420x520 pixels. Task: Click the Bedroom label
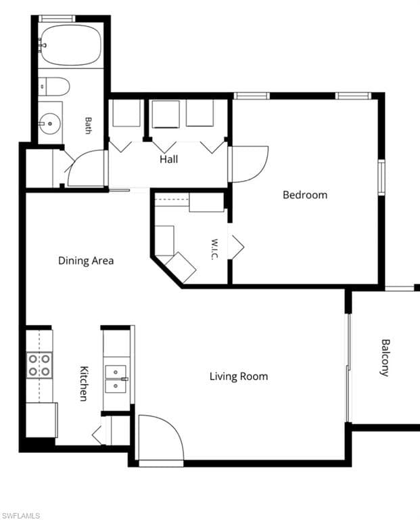click(305, 195)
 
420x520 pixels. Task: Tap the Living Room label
click(239, 376)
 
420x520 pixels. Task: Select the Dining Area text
click(86, 261)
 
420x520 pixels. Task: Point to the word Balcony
click(385, 357)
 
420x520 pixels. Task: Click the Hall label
click(169, 159)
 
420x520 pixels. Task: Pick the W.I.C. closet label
click(214, 249)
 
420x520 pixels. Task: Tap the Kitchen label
click(85, 383)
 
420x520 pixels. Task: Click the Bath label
click(88, 125)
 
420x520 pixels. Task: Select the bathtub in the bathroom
click(70, 45)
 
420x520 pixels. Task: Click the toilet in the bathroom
click(53, 86)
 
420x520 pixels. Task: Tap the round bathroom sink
click(49, 123)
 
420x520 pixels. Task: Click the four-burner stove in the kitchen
click(39, 365)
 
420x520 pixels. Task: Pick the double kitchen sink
click(116, 379)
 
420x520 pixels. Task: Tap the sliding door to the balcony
click(348, 368)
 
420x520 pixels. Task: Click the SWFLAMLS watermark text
click(20, 515)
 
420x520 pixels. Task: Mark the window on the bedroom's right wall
click(381, 177)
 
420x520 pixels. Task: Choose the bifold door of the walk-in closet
click(237, 247)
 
